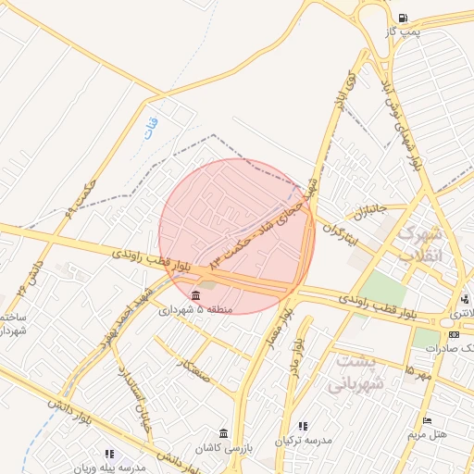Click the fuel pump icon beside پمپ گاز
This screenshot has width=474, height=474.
pyautogui.click(x=402, y=18)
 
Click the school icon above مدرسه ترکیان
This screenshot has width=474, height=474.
pyautogui.click(x=303, y=427)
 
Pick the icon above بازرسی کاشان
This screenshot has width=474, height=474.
pyautogui.click(x=223, y=433)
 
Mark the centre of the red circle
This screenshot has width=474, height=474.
pyautogui.click(x=237, y=236)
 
